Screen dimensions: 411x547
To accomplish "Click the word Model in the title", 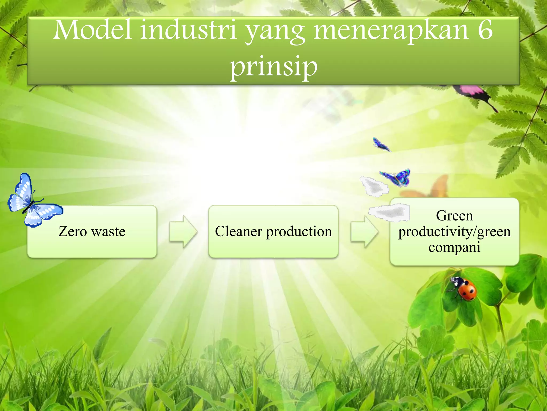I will [92, 30].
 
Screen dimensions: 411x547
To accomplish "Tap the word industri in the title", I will [189, 30].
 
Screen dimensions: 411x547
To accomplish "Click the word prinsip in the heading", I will [274, 67].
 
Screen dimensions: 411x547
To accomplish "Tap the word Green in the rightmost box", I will [454, 216].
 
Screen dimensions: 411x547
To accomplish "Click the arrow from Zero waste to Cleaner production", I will [183, 231].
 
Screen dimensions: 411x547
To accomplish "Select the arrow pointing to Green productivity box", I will [364, 231].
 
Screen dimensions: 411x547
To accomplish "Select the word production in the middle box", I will [299, 232].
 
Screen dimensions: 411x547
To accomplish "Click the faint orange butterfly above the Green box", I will [433, 187].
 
